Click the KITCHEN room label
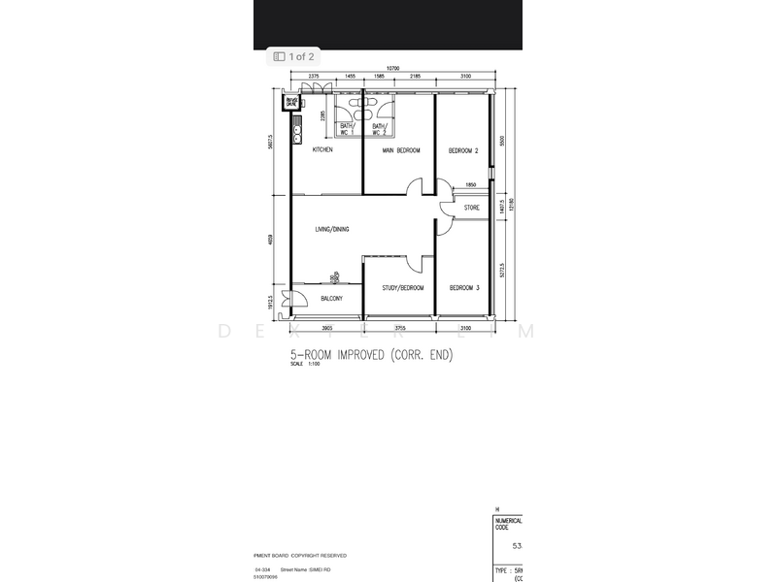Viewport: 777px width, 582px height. pos(322,150)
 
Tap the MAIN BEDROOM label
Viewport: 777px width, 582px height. pos(400,151)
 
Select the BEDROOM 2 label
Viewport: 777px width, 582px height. pos(463,151)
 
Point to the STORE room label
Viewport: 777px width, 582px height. pos(471,208)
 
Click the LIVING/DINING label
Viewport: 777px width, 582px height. pos(331,229)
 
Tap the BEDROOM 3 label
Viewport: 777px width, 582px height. pos(463,288)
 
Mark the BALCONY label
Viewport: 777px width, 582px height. pos(331,299)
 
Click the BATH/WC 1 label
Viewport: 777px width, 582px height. pos(347,128)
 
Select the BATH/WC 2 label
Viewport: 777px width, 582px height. pos(379,128)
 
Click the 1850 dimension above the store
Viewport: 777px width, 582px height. pos(470,185)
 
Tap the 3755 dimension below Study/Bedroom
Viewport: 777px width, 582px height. pos(399,329)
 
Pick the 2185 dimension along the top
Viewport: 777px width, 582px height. pos(415,75)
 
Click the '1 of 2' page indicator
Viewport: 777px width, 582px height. pos(293,57)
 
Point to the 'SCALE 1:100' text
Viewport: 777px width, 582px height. pos(304,366)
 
